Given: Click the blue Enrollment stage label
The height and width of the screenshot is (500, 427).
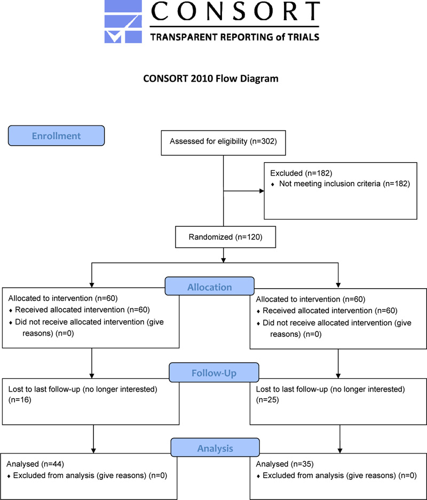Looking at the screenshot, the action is coord(56,136).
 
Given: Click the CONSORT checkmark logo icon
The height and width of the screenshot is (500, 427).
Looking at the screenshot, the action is coord(123,22).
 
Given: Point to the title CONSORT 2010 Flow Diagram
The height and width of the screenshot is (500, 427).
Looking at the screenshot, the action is coord(210,78).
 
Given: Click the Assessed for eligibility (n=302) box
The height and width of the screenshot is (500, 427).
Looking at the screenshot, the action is coord(223,143).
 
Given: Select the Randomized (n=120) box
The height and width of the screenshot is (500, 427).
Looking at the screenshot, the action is coord(225,237).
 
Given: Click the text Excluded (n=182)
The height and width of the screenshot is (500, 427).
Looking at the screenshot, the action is coord(301,173).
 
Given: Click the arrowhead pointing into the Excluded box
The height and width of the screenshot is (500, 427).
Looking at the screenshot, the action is coord(262,191).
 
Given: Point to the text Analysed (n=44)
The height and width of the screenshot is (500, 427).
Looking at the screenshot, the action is coord(35,464).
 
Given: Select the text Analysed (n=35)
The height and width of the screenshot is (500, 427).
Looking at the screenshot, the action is coord(284,464).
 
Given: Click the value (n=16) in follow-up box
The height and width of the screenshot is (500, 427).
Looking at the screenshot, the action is coord(20,400).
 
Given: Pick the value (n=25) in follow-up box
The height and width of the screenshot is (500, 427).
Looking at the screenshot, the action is coord(267,400).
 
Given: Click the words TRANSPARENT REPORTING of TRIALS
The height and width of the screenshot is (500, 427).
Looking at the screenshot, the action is coord(235,37).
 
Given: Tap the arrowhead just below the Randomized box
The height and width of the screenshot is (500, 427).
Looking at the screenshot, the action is coord(223,260).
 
